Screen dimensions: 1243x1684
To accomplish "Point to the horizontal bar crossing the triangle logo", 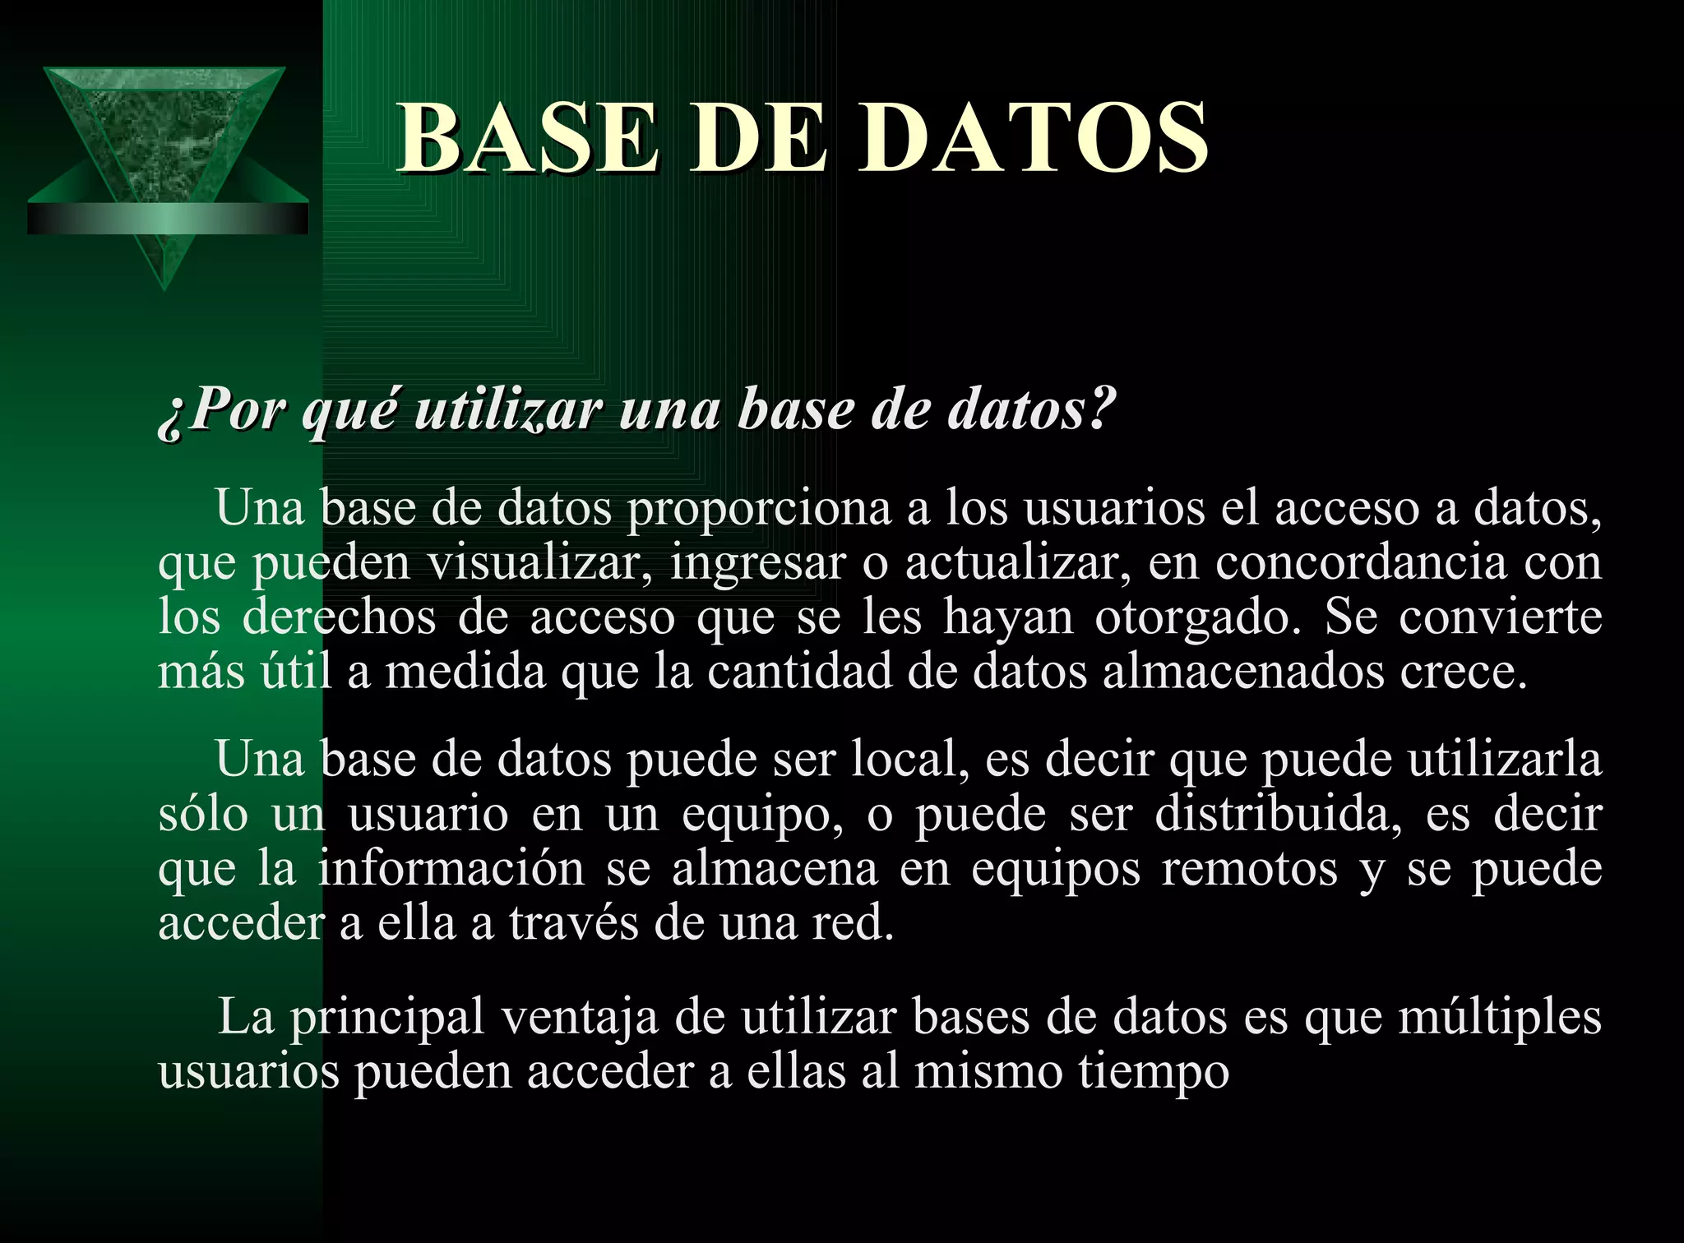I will tap(168, 219).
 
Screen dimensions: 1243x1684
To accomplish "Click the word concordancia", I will tap(1360, 563).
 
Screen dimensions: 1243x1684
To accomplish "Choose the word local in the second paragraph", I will tap(904, 759).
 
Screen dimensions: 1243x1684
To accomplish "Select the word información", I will tap(451, 869).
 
